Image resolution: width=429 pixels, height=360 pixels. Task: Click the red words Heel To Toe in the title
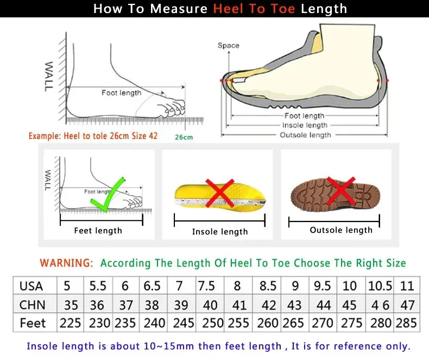point(255,9)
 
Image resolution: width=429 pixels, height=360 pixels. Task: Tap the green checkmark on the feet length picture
point(108,195)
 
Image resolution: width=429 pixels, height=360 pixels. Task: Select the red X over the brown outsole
point(340,191)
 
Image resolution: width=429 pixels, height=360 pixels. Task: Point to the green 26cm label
point(184,137)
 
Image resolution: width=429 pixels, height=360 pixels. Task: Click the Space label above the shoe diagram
point(228,46)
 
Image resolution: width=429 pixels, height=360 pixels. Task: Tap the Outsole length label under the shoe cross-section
point(305,135)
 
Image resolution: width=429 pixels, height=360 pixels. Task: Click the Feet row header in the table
point(33,323)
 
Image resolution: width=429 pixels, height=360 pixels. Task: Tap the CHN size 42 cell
point(268,305)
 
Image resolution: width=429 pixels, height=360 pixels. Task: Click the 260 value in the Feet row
point(268,323)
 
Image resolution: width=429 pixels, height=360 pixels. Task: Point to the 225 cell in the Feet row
point(71,323)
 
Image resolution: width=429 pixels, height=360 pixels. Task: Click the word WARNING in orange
point(66,263)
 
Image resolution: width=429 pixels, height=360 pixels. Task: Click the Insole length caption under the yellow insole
point(219,232)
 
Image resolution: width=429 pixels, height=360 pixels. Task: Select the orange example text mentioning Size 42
point(93,136)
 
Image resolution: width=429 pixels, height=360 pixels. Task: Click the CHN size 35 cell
point(71,305)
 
